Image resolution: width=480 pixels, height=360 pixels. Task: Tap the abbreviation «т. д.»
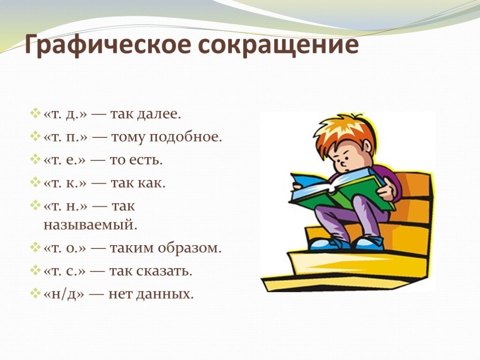coord(66,114)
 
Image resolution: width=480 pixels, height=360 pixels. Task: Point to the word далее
coord(159,114)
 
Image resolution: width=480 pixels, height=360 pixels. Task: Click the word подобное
coord(186,137)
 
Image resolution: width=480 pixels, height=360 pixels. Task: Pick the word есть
coord(146,160)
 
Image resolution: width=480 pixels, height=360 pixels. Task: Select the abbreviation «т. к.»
coord(65,183)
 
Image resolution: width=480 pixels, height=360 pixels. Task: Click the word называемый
coord(90,225)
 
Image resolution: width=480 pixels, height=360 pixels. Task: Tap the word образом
coord(189,248)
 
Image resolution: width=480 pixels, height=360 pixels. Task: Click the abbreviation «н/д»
coord(64,294)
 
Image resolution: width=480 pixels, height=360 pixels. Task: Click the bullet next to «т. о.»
coord(36,247)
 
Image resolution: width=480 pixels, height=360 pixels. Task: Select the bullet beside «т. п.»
coord(36,135)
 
